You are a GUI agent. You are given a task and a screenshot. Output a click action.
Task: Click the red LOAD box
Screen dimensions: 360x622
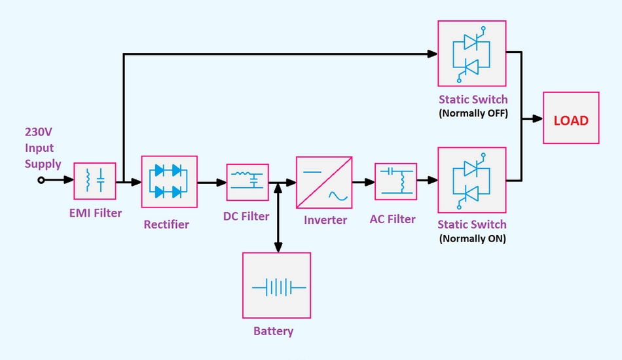(571, 118)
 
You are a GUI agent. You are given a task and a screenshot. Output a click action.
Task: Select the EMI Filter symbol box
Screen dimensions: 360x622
(94, 181)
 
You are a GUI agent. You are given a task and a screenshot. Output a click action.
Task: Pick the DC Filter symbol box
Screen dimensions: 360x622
(247, 182)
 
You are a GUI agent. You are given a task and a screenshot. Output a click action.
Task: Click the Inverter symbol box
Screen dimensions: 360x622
(324, 182)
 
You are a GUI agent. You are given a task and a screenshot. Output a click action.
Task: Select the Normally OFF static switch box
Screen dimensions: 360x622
(471, 54)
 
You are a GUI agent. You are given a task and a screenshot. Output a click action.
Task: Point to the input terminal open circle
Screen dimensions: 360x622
(41, 180)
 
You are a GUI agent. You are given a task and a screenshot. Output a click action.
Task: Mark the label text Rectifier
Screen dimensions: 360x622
(166, 225)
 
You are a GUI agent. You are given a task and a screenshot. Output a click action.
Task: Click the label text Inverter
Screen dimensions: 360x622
(325, 220)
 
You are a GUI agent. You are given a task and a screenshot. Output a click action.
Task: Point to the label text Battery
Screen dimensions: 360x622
(273, 331)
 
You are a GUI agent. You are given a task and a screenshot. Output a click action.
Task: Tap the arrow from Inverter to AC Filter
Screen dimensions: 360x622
(363, 183)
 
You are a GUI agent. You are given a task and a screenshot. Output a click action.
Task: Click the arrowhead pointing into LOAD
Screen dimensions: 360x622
(538, 118)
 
